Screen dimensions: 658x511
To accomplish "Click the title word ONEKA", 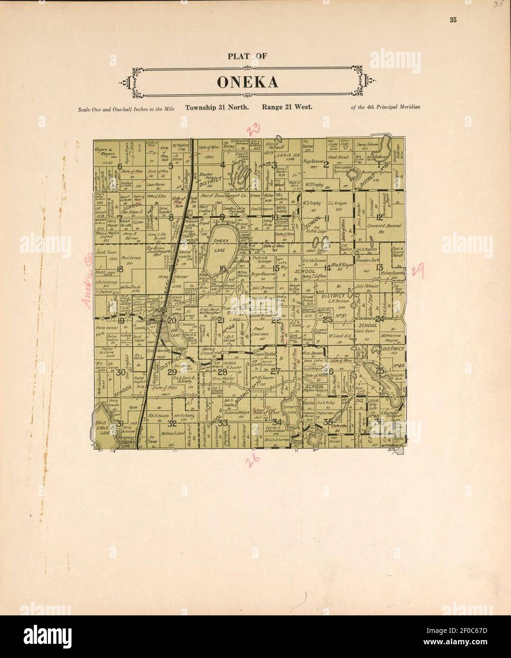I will pos(247,82).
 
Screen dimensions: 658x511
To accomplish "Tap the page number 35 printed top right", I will pos(453,20).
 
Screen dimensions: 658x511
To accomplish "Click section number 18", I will pos(120,269).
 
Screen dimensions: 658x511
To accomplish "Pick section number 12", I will pos(379,217).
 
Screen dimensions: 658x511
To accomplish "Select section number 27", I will pos(275,371).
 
